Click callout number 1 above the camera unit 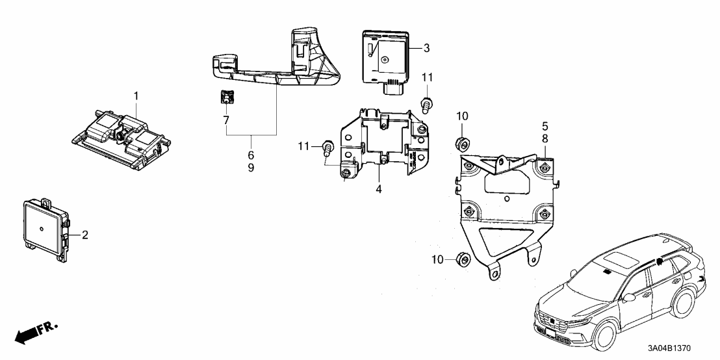tap(136, 96)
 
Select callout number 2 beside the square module tap(84, 235)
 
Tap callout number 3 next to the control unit tap(426, 47)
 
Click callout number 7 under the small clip tap(226, 120)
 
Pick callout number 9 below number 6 tap(251, 167)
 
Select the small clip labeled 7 tap(225, 97)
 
